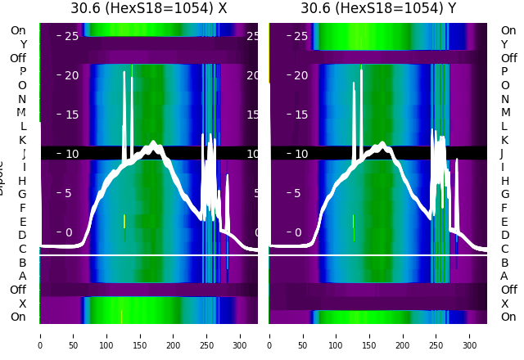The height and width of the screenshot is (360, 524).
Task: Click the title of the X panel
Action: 148,8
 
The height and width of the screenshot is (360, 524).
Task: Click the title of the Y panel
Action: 377,8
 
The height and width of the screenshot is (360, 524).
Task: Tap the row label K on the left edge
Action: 22,140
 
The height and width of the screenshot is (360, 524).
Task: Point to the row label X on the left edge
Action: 22,304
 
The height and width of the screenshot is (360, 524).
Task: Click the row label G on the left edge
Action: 22,194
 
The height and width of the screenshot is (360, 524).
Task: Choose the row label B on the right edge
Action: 504,263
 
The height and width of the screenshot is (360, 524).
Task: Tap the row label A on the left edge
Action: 22,276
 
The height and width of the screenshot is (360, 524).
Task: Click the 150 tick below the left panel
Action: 140,335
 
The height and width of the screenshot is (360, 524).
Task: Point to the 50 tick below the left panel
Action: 74,335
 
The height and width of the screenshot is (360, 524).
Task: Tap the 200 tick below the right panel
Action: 403,335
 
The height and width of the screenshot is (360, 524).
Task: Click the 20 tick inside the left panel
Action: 71,75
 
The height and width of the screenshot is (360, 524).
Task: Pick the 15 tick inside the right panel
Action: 300,115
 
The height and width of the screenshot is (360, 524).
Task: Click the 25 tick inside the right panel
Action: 300,36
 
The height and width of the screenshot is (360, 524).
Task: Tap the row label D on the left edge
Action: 22,236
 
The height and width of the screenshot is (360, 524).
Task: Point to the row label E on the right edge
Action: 504,222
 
